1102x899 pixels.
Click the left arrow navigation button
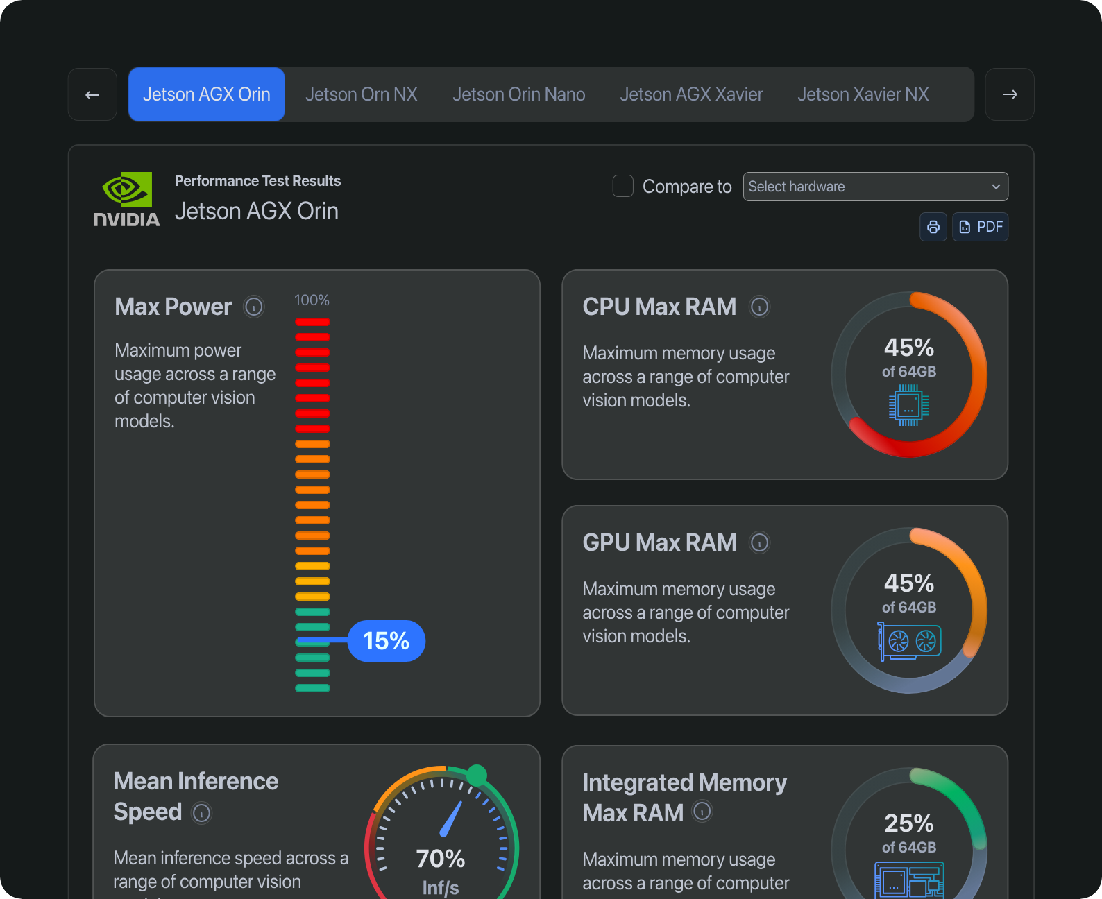(92, 94)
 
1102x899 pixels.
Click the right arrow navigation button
(1010, 94)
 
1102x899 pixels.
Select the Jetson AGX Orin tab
(207, 94)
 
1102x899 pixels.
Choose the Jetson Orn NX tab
(362, 94)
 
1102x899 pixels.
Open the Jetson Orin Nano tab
(519, 94)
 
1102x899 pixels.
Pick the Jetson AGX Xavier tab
(691, 94)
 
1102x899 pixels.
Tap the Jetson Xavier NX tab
(863, 94)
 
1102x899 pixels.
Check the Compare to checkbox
(623, 186)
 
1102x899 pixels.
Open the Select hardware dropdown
(875, 187)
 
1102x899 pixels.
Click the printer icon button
(933, 227)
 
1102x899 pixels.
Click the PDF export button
(981, 227)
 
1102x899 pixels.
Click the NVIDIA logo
(127, 199)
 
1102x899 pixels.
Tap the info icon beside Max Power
(254, 307)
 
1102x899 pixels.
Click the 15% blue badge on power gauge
(387, 641)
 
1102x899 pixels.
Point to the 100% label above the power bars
(312, 300)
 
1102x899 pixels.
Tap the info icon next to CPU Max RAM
(760, 307)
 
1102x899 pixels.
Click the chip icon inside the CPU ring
(908, 406)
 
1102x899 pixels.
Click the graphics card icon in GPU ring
(909, 642)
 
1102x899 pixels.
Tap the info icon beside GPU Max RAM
(760, 542)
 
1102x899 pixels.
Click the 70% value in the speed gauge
(441, 859)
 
